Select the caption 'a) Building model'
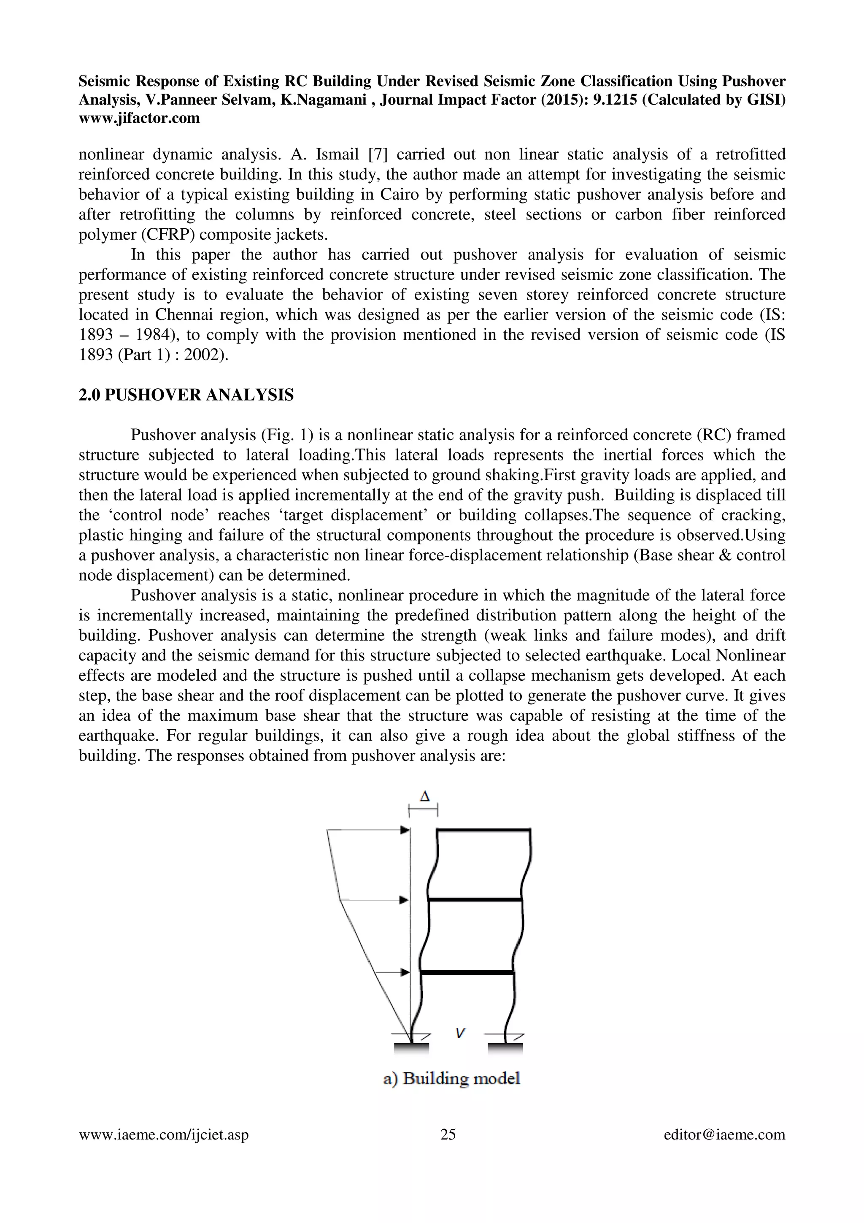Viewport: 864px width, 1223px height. [x=451, y=1079]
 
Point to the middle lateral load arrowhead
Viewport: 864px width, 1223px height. [x=404, y=900]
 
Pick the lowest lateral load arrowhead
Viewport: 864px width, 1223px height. [x=405, y=972]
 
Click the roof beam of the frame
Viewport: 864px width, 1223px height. [x=483, y=830]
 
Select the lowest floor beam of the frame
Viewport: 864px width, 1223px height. [x=467, y=973]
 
